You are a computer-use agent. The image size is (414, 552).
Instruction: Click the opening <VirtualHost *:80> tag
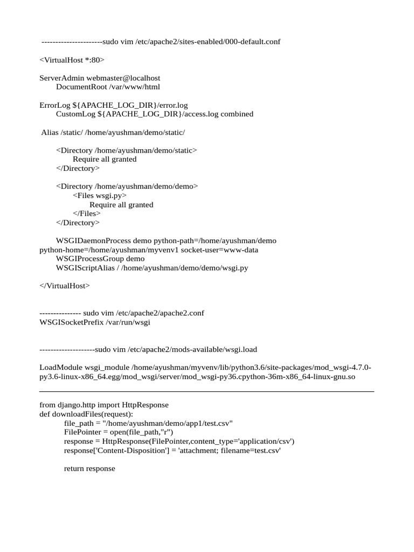72,60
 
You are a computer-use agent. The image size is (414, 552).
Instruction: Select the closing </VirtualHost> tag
65,286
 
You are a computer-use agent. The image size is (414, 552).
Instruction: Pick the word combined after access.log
237,114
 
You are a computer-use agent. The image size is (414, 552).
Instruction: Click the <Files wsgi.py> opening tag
100,195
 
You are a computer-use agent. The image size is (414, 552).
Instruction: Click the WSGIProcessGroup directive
89,259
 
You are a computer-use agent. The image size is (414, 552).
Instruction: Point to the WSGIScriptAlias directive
85,267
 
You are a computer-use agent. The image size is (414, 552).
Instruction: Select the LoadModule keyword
61,367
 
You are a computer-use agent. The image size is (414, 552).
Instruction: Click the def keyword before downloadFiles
45,414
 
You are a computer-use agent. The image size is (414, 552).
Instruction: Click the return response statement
89,468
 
